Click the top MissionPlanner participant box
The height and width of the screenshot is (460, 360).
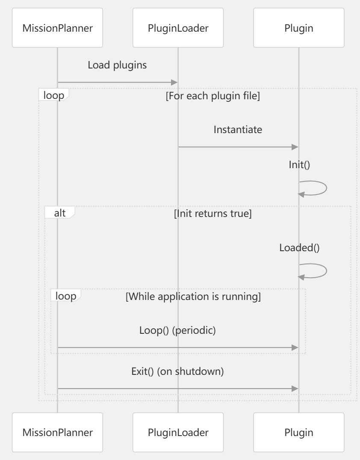coord(57,29)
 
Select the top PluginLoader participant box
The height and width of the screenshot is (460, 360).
coord(178,29)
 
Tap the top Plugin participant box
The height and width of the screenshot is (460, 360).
coord(298,29)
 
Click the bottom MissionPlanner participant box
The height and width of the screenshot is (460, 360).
coord(57,432)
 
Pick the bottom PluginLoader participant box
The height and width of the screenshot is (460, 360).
coord(178,432)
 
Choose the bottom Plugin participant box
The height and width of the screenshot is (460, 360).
coord(298,432)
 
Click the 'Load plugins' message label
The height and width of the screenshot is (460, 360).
coord(118,65)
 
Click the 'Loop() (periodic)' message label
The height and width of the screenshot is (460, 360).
coord(178,331)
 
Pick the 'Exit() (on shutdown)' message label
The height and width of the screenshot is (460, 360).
coord(178,371)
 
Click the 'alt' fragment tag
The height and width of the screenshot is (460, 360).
coord(60,213)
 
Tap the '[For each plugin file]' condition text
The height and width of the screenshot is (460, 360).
coord(213,96)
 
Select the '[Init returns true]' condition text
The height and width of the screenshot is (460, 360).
coord(213,214)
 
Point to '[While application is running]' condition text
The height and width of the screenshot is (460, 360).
coord(193,297)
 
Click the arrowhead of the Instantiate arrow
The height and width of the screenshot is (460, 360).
coord(295,147)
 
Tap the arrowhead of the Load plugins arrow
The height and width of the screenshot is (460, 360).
coord(174,82)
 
